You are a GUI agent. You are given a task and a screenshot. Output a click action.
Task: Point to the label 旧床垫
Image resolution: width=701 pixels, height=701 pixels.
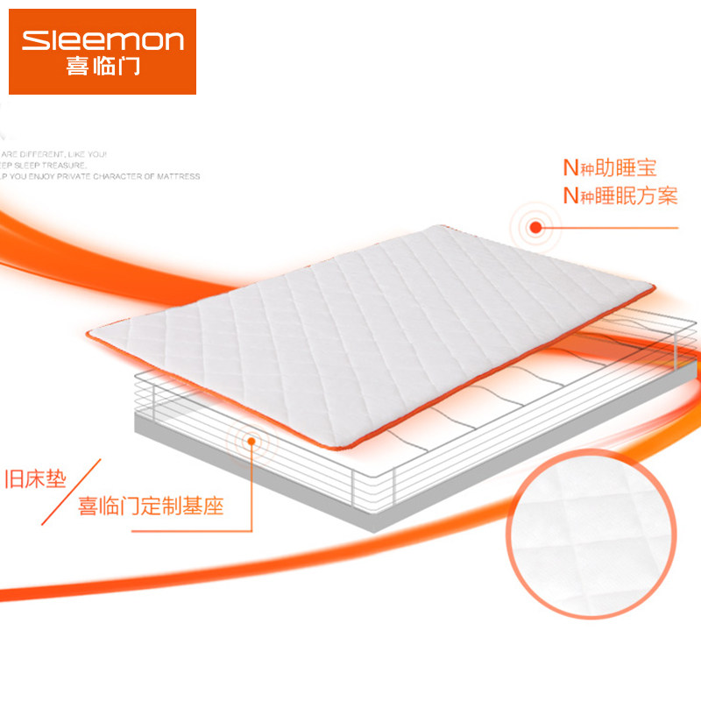tap(35, 479)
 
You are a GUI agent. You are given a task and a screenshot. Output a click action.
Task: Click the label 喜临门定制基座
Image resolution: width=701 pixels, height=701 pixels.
tap(151, 506)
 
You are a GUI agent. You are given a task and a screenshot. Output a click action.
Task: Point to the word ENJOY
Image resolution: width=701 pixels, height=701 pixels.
tap(46, 176)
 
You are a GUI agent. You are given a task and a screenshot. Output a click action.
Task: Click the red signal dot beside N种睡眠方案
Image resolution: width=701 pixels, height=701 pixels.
tap(535, 228)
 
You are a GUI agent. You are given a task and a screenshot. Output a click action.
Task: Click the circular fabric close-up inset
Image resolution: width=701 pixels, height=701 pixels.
tap(595, 536)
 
